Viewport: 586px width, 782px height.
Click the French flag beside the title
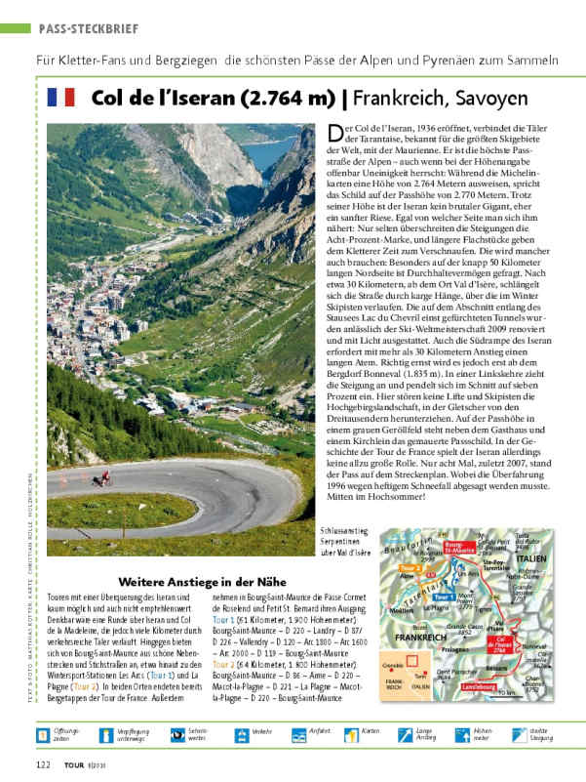60,99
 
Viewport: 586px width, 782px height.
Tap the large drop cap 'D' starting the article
334,134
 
